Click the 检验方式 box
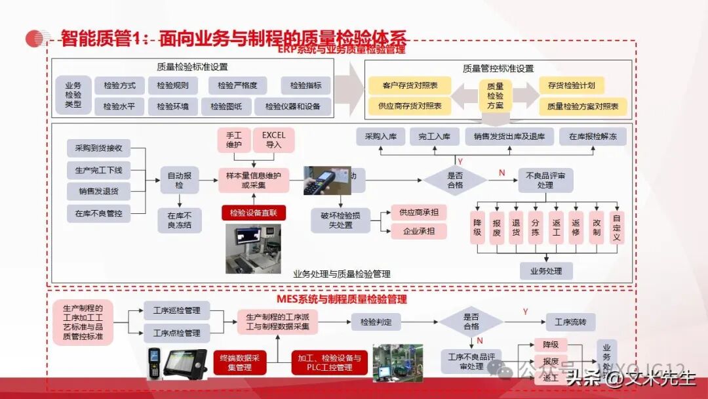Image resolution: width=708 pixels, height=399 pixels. pos(120,85)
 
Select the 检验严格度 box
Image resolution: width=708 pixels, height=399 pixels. pos(237,85)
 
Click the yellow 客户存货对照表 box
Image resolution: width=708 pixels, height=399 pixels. pos(410,85)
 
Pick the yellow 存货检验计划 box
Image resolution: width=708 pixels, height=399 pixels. pos(572,85)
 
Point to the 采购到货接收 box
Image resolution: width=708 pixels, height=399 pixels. pos(98,148)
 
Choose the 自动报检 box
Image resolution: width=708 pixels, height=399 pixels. pos(180,180)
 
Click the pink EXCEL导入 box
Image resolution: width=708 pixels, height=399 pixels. pos(274,140)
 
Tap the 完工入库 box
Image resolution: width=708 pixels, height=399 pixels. pos(434,136)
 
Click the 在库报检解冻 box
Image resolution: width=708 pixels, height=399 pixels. pos(593,136)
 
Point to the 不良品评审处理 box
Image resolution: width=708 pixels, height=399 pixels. pos(545,180)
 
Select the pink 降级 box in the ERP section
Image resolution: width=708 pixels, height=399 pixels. pos(478,227)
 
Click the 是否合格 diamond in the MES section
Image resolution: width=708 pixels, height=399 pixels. pos(471,321)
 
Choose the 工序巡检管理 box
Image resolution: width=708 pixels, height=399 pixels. pos(177,310)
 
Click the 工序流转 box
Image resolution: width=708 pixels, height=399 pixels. pos(570,322)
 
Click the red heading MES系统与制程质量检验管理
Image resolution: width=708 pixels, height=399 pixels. pos(342,299)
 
